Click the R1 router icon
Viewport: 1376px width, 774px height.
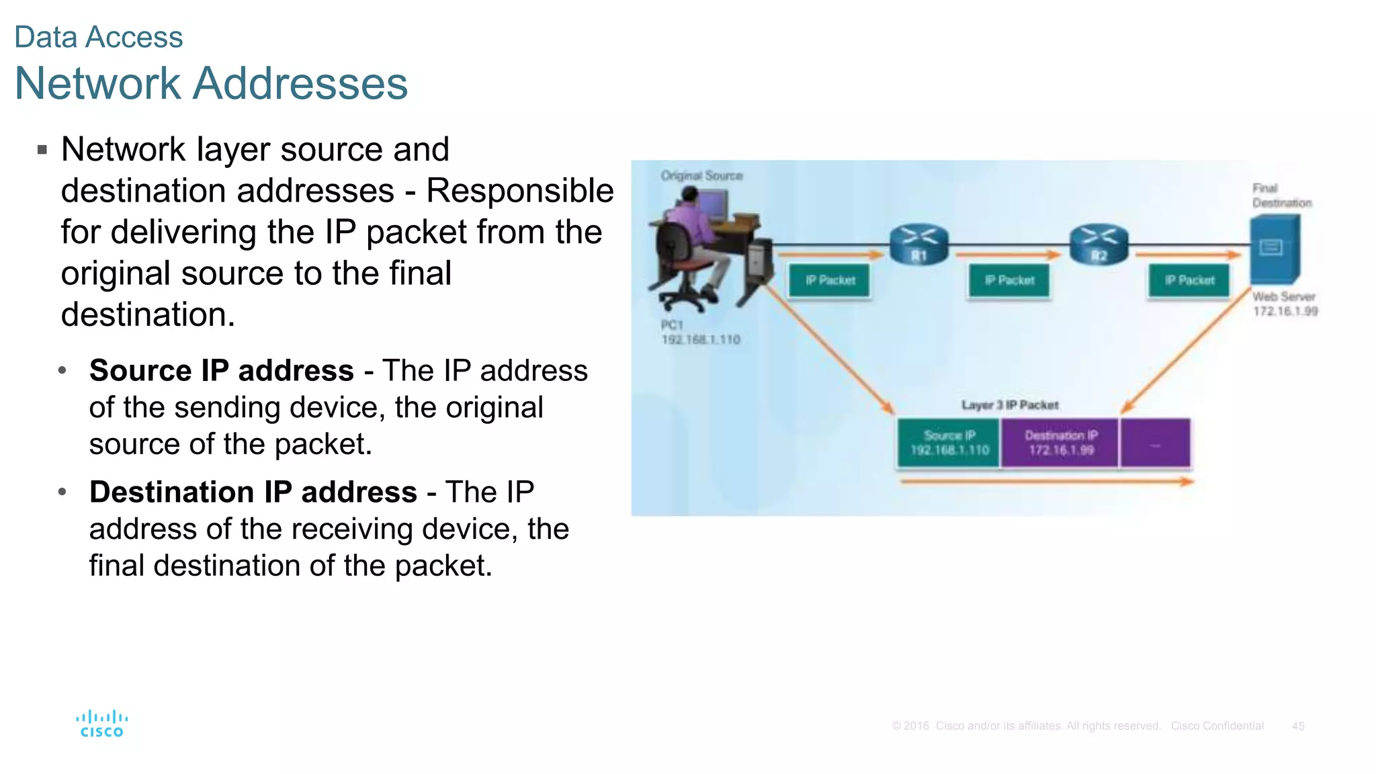[x=918, y=245]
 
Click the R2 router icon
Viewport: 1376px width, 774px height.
[x=1099, y=245]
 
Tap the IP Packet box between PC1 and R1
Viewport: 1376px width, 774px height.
[x=830, y=280]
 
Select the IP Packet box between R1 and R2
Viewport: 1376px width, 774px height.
[x=1009, y=280]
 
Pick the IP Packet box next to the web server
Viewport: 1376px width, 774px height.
[x=1189, y=280]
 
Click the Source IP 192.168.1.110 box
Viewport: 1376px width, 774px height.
[x=949, y=443]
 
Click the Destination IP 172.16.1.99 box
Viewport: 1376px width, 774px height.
[x=1060, y=443]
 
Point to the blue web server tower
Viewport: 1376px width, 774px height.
[x=1275, y=248]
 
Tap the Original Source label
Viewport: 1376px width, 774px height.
[x=701, y=175]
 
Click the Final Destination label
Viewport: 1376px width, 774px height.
[x=1281, y=196]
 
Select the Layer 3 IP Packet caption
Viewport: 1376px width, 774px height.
[x=1009, y=405]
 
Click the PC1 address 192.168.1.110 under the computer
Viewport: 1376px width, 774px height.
[x=701, y=340]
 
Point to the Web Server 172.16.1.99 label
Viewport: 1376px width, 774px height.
[x=1285, y=304]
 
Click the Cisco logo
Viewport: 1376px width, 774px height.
[x=101, y=724]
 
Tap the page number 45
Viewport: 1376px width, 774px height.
[x=1297, y=726]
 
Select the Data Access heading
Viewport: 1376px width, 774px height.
[x=99, y=37]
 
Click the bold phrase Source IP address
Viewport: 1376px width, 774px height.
[x=221, y=370]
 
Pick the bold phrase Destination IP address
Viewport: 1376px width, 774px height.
[x=253, y=492]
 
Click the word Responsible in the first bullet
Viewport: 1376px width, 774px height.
[x=519, y=190]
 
